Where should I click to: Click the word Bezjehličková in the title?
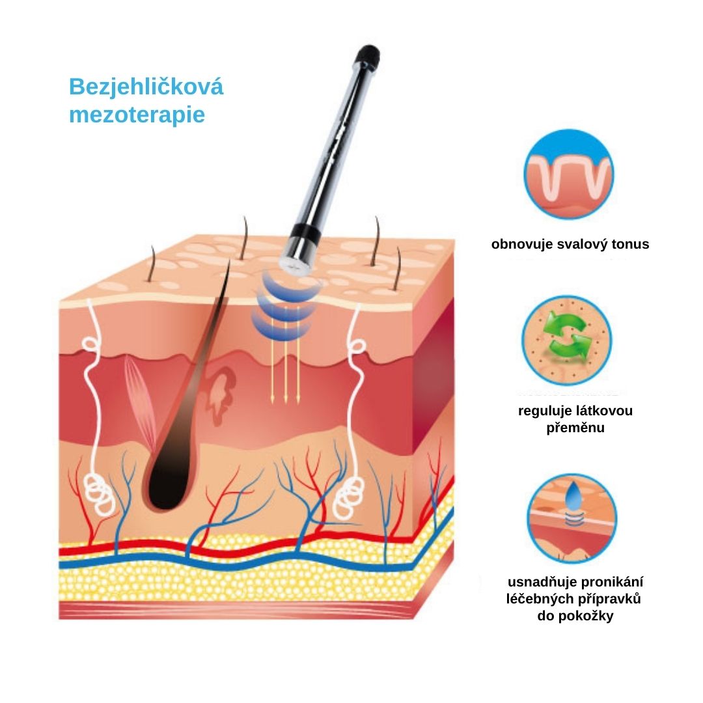point(146,87)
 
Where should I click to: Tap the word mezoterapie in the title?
point(137,115)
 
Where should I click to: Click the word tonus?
point(629,245)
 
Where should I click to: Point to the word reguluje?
point(542,411)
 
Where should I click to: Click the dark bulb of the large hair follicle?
point(166,485)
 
